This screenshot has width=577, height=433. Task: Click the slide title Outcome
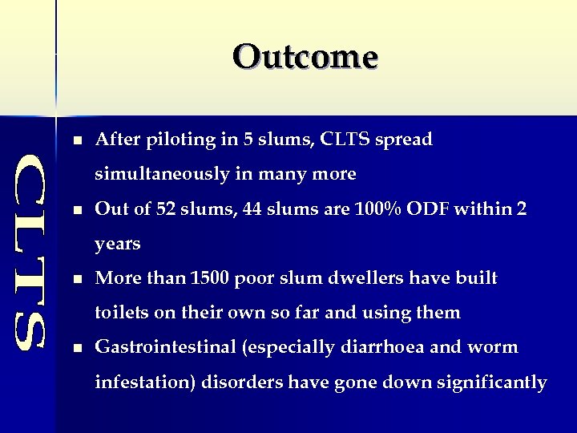pyautogui.click(x=305, y=57)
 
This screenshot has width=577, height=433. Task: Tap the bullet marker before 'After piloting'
pyautogui.click(x=76, y=140)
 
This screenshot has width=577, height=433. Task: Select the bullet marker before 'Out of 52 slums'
pyautogui.click(x=76, y=210)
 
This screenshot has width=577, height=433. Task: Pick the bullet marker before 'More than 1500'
pyautogui.click(x=76, y=279)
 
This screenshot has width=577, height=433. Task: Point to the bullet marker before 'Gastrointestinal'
pyautogui.click(x=76, y=348)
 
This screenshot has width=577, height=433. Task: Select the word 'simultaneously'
pyautogui.click(x=165, y=174)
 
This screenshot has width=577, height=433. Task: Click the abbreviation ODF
pyautogui.click(x=433, y=208)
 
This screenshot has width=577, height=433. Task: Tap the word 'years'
pyautogui.click(x=118, y=244)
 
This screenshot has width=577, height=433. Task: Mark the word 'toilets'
pyautogui.click(x=121, y=312)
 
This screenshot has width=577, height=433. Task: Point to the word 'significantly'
pyautogui.click(x=491, y=382)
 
